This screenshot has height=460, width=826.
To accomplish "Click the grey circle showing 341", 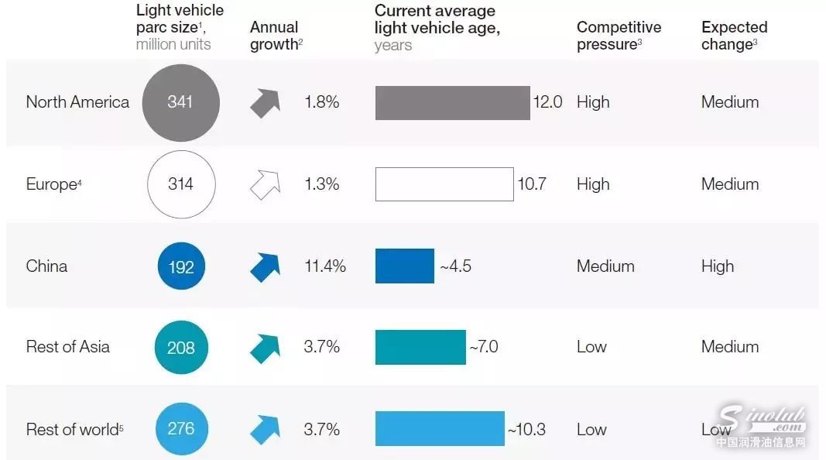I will point(180,103).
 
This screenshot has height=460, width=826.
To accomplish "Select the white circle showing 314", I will point(181,184).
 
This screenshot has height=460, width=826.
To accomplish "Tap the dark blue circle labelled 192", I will point(181,266).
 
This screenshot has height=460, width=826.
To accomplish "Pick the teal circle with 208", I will point(181,347).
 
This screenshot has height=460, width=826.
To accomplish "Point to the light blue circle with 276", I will point(181,428).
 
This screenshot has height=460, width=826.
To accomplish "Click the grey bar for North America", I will point(452,103).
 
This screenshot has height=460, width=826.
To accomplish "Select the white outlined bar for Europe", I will point(444,184).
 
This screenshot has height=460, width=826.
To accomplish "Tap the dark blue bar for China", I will point(405,266).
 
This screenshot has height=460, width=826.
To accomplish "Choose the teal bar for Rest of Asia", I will point(420,347).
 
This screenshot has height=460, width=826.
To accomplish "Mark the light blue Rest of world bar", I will point(440,428).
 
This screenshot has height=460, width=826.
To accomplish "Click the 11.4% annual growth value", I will point(325,266).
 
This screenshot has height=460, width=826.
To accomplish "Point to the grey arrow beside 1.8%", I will point(265,103).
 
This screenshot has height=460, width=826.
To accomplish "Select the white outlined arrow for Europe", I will point(265,185).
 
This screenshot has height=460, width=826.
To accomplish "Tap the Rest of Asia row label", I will point(68,347).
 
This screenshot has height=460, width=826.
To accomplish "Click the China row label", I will point(46,266).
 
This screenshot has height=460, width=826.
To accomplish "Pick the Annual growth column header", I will point(276,36).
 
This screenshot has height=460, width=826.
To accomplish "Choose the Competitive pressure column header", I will point(619,36).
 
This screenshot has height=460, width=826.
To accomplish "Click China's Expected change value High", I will point(718,266).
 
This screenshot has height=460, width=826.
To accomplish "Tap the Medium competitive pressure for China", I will point(605,266).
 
